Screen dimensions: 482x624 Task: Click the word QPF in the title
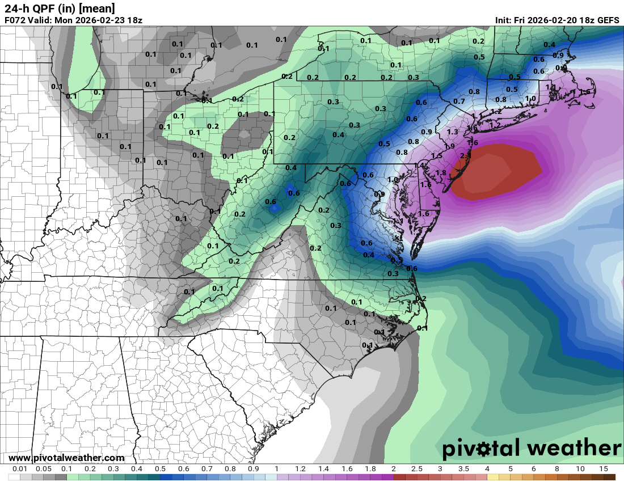49,9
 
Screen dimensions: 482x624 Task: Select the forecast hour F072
15,20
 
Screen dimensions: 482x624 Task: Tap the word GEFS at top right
607,20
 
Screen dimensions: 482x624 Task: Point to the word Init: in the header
506,20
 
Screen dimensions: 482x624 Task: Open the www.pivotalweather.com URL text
66,458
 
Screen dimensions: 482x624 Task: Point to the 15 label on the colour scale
603,470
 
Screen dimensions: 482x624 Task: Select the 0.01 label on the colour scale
20,470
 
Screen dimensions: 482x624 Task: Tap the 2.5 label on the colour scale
417,470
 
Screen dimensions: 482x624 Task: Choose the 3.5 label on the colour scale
463,470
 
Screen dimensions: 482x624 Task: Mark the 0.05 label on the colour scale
44,470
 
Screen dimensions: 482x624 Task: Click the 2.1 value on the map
466,155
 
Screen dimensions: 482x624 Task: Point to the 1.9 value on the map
449,146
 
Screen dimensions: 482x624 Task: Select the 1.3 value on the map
452,132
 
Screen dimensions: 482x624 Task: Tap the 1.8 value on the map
441,173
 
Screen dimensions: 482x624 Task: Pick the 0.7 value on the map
459,102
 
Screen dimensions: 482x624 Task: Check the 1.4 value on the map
420,165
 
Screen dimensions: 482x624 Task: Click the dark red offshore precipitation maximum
499,170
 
